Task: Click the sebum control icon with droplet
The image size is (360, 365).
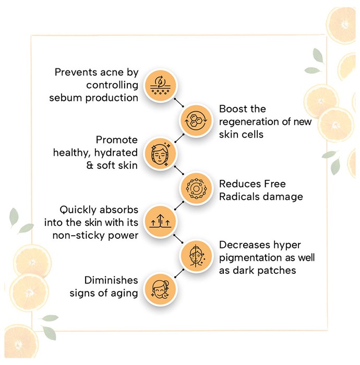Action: point(160,85)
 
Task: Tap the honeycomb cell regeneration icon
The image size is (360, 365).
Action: point(196,120)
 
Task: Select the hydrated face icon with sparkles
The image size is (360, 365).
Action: point(160,154)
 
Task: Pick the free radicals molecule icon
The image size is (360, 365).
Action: point(196,188)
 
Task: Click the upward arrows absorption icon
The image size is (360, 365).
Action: point(160,221)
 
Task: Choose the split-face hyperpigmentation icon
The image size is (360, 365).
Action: point(196,256)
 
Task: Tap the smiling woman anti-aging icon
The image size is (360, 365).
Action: point(160,289)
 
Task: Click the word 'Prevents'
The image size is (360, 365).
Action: point(73,72)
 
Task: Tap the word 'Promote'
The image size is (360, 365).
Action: point(117,140)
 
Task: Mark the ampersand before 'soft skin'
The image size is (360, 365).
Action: point(90,165)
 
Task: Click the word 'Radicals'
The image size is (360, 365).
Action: point(236,197)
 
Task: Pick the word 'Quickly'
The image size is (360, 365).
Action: point(78,210)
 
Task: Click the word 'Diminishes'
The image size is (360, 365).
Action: point(111,281)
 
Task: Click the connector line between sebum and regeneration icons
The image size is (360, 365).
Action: point(178,102)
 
